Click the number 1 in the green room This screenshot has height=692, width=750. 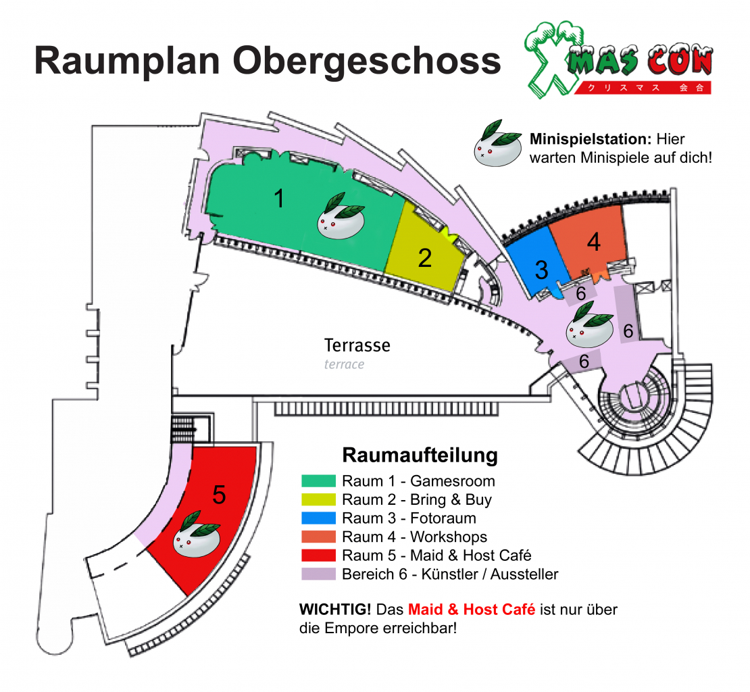pyautogui.click(x=279, y=198)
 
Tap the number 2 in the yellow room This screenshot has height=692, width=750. pyautogui.click(x=425, y=258)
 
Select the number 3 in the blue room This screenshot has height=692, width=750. pyautogui.click(x=541, y=270)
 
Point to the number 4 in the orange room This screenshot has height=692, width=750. pyautogui.click(x=594, y=242)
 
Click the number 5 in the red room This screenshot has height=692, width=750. pyautogui.click(x=219, y=495)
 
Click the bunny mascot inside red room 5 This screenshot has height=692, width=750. pyautogui.click(x=197, y=534)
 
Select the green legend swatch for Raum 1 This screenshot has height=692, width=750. pyautogui.click(x=318, y=480)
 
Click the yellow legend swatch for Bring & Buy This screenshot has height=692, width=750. pyautogui.click(x=318, y=499)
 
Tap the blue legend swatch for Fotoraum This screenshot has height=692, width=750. pyautogui.click(x=318, y=518)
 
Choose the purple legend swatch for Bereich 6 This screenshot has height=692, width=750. pyautogui.click(x=318, y=574)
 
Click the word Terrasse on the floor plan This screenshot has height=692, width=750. pyautogui.click(x=357, y=345)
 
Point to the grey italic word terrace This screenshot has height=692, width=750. pyautogui.click(x=344, y=364)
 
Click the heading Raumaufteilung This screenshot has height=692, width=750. pyautogui.click(x=420, y=455)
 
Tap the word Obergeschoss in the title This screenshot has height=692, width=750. pyautogui.click(x=367, y=62)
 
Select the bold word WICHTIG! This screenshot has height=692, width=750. pyautogui.click(x=335, y=610)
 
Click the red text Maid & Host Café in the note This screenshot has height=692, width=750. pyautogui.click(x=472, y=610)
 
